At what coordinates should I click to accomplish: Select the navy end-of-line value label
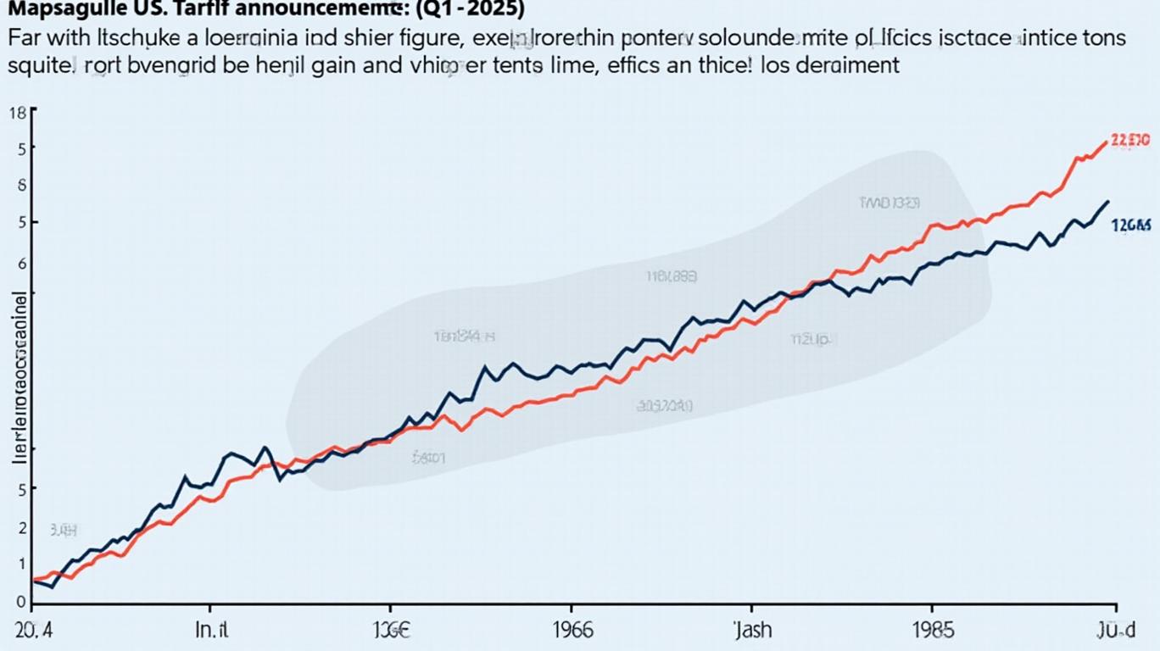pos(1131,225)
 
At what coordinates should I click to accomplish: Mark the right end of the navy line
pos(1108,202)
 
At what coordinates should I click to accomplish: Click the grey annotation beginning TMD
pos(889,203)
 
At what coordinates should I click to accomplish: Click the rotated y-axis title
pos(20,377)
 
